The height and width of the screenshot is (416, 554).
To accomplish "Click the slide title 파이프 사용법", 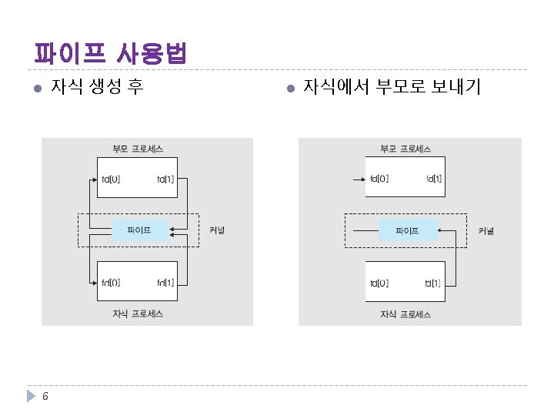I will pos(111,54).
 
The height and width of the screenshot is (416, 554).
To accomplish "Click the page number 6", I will pos(46,397).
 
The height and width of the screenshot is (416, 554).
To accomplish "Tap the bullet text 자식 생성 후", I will pos(95,86).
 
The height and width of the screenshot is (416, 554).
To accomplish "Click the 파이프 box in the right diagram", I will pos(407,230).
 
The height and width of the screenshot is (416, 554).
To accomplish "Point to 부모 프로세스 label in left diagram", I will pos(138,148).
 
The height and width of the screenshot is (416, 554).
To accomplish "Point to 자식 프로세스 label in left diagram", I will pos(138,314).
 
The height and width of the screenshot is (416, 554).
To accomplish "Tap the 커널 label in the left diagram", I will pos(217,230).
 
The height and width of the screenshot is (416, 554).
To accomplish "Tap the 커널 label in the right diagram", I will pos(486,230).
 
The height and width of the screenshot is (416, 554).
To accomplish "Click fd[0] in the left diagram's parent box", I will pos(110,179).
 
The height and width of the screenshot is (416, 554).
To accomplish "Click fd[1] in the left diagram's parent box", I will pos(165,179).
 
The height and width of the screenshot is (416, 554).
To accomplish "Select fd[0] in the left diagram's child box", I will pos(110,283).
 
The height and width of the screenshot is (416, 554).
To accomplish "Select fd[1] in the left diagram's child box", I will pos(165,283).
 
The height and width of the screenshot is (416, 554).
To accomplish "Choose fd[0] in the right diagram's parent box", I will pos(379,179).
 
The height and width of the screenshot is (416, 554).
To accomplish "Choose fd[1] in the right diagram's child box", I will pos(433,283).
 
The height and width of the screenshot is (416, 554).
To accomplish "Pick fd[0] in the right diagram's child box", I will pos(379,283).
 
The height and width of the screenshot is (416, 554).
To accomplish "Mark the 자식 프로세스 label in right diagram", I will pos(405,314).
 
